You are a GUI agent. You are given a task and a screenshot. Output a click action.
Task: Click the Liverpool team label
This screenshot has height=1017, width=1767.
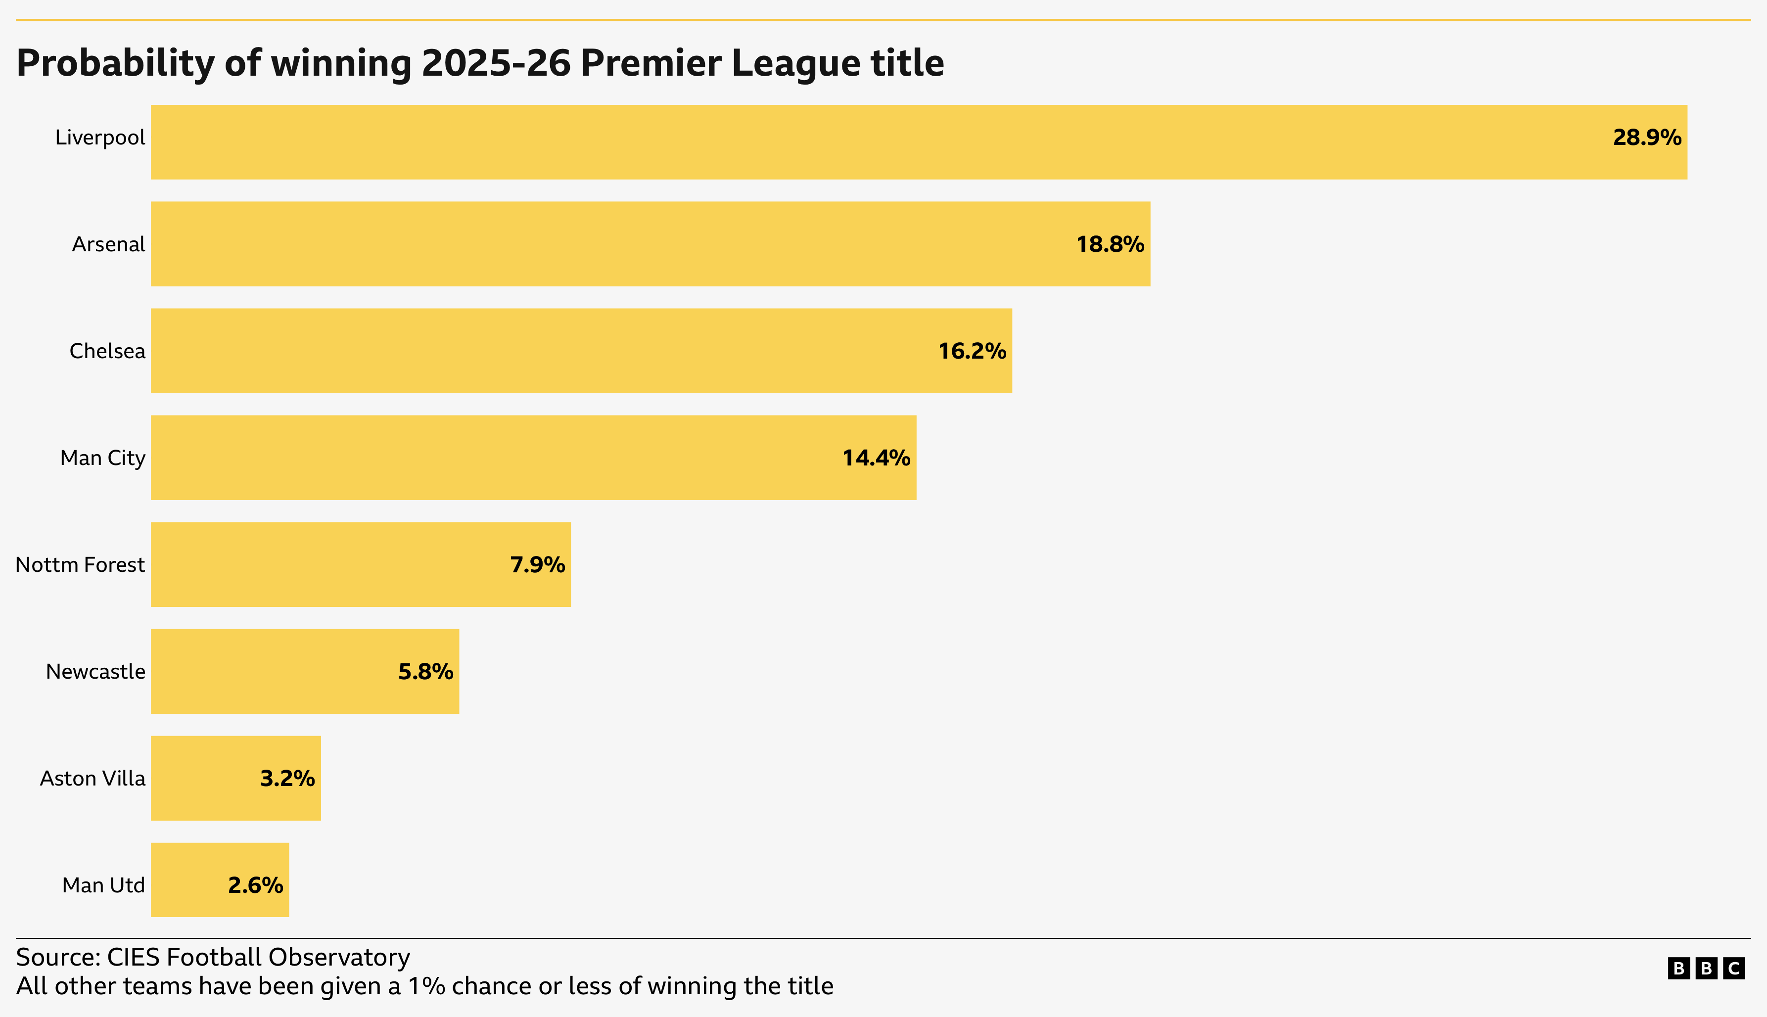pyautogui.click(x=100, y=138)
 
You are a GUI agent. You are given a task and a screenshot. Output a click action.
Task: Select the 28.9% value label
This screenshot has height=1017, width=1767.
pyautogui.click(x=1646, y=138)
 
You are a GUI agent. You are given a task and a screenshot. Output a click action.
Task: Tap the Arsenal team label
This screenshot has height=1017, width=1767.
pyautogui.click(x=108, y=244)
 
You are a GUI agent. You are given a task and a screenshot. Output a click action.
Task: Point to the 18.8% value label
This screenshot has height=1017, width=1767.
pyautogui.click(x=1110, y=244)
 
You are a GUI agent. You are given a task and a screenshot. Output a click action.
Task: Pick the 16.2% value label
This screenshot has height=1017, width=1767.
pyautogui.click(x=972, y=351)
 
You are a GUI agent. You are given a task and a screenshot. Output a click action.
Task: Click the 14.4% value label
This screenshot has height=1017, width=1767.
pyautogui.click(x=876, y=458)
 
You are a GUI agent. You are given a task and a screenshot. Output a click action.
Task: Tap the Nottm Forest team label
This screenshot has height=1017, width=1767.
pyautogui.click(x=80, y=564)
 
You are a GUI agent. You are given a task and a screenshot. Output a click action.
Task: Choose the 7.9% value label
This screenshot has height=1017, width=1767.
pyautogui.click(x=537, y=564)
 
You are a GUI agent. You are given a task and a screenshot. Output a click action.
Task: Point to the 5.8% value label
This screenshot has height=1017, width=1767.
pyautogui.click(x=425, y=671)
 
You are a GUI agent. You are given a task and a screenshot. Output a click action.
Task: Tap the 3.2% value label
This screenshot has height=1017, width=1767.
pyautogui.click(x=287, y=778)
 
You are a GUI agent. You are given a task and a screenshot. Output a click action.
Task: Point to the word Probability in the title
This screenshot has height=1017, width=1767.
pyautogui.click(x=116, y=63)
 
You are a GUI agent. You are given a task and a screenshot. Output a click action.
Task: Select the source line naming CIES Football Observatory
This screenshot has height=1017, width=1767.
pyautogui.click(x=213, y=957)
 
